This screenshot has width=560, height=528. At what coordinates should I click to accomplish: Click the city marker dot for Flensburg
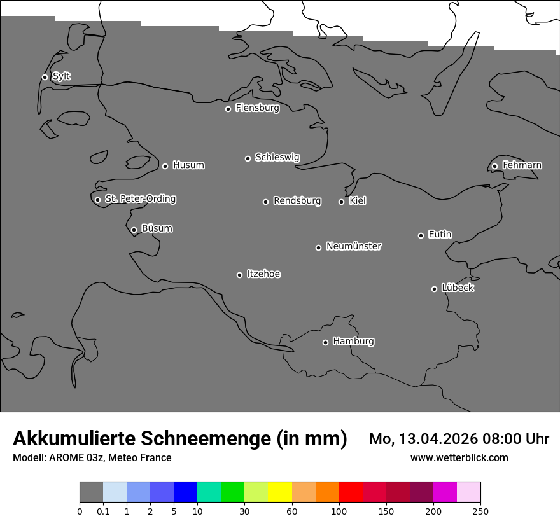point(228,109)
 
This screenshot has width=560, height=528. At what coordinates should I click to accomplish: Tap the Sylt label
point(61,76)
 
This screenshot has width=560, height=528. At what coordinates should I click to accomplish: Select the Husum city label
point(188,165)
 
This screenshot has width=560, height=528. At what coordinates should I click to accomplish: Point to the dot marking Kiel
point(341,202)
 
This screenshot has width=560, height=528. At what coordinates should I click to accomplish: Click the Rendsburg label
point(297,201)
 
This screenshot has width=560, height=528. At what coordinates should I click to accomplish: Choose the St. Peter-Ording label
point(141,199)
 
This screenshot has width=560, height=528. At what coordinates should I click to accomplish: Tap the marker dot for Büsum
point(134,230)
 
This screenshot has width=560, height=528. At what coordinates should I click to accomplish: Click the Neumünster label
point(354,246)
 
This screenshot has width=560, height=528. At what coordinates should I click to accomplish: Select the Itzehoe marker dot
point(239,275)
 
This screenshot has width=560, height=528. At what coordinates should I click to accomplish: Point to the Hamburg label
point(353,342)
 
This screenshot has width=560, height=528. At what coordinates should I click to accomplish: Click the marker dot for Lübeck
point(434,289)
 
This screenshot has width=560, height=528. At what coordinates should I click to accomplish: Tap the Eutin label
point(440,235)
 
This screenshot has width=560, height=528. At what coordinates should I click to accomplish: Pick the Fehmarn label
point(522,165)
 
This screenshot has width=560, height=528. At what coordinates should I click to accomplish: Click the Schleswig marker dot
point(248,158)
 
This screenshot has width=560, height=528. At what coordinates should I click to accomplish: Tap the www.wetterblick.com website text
point(459,457)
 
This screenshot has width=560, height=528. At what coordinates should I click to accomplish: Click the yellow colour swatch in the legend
point(280,492)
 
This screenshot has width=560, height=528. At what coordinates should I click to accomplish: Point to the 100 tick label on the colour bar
point(339,511)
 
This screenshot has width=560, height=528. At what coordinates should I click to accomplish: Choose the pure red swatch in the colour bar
point(351,492)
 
